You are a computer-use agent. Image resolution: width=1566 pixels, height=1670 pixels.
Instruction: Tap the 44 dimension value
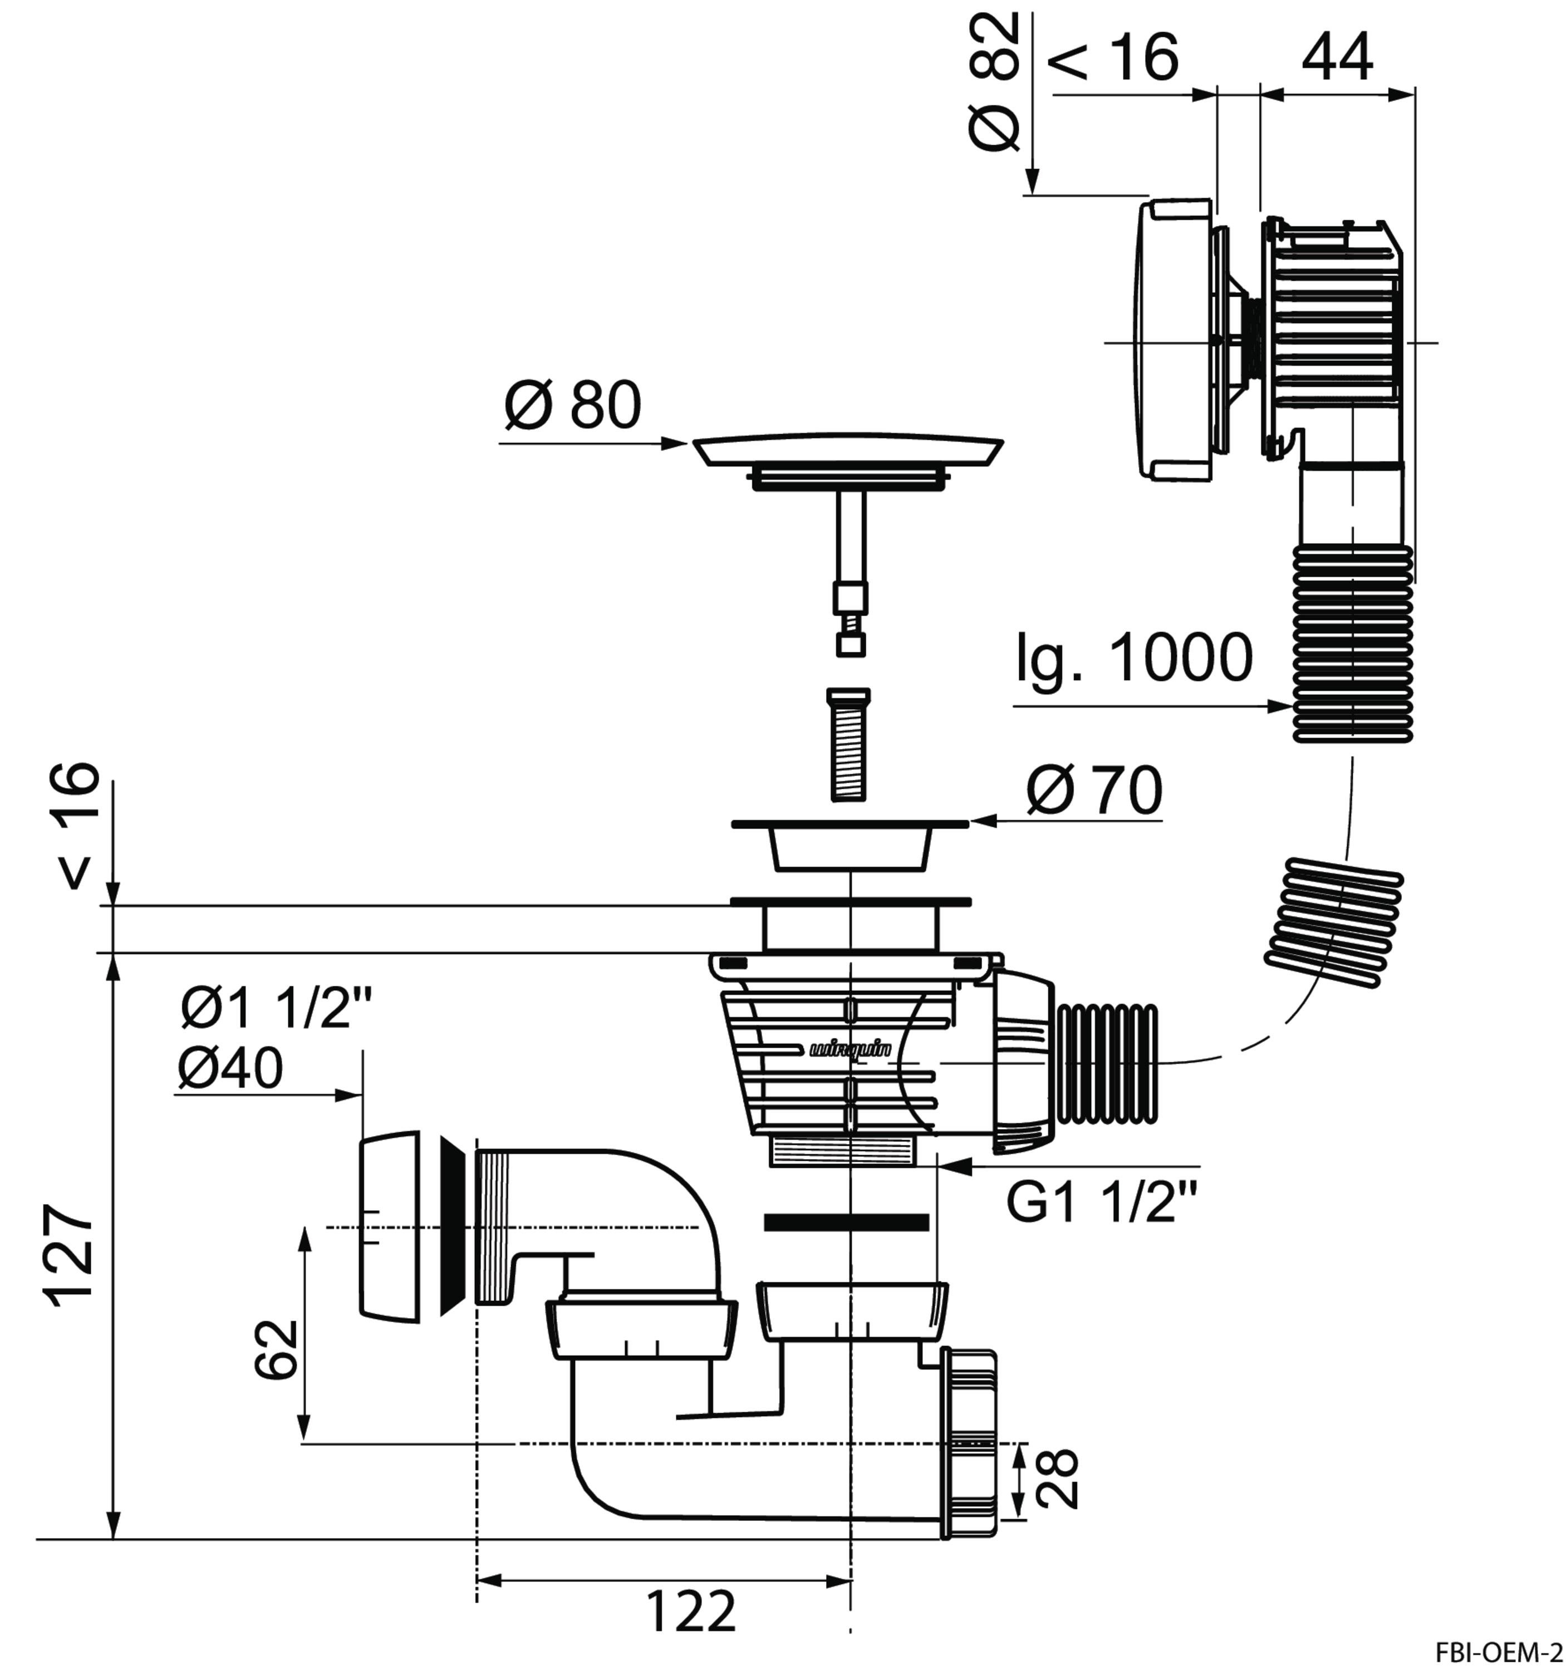1338,57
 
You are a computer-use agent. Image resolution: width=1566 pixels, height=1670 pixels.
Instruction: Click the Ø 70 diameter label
1094,790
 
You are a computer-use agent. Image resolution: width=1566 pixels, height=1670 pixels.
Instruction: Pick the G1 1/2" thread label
1101,1204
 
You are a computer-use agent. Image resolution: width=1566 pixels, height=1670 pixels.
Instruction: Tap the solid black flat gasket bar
846,1222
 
